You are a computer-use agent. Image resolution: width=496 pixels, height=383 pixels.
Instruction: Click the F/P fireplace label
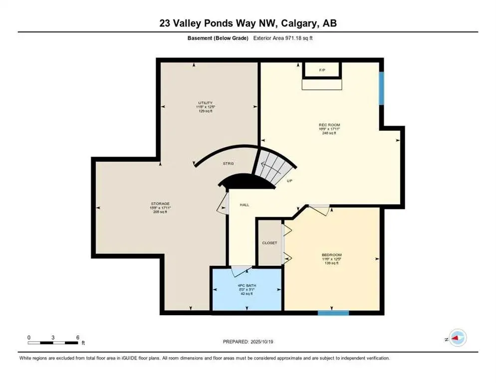(322, 70)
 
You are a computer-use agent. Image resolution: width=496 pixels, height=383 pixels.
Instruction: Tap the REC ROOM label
(329, 125)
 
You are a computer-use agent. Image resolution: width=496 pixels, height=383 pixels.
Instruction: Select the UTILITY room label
(205, 103)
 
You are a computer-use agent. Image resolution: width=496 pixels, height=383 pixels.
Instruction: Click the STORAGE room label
(160, 203)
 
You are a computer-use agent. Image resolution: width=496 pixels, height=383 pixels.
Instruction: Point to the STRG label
(228, 164)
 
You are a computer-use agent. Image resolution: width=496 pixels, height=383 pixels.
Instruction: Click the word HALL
(244, 205)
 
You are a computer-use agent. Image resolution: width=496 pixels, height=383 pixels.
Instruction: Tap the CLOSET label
(269, 243)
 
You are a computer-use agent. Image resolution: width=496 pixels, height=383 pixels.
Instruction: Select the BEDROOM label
(331, 254)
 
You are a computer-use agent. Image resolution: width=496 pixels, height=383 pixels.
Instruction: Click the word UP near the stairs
(289, 181)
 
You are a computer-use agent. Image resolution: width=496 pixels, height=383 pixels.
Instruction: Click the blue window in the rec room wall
(381, 88)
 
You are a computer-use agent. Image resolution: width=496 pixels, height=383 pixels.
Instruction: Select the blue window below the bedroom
(333, 313)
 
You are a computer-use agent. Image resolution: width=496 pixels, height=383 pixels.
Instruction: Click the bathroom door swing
(243, 271)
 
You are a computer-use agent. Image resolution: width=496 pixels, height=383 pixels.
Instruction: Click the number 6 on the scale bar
(78, 337)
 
